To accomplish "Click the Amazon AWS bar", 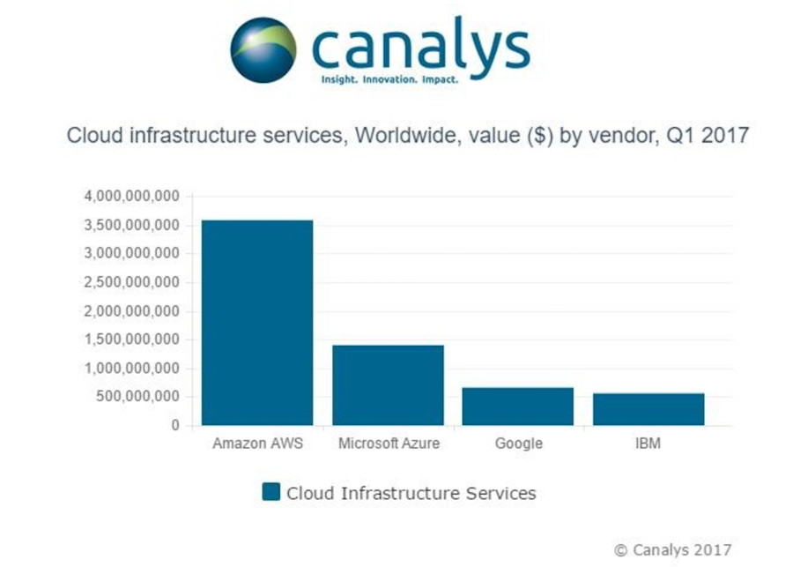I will tap(257, 323).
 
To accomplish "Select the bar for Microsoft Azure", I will tap(388, 385).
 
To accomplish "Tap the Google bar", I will tap(518, 407).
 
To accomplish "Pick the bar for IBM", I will tap(648, 409).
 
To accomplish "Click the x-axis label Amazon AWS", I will tap(257, 444).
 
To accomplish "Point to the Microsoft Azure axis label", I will tap(389, 444).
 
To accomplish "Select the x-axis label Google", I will tap(518, 444).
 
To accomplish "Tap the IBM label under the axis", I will tap(648, 444).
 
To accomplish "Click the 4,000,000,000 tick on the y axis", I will tap(132, 196).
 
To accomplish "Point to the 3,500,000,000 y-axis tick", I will tap(132, 225).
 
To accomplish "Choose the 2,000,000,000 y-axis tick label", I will tap(132, 311).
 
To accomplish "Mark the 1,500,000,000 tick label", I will tap(132, 339).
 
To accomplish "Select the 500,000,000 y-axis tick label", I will tap(137, 397).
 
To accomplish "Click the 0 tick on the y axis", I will tap(175, 426).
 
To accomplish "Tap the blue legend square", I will tap(271, 492).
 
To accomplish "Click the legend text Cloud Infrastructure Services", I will tap(411, 493).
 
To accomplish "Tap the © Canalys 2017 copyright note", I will tap(672, 549).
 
